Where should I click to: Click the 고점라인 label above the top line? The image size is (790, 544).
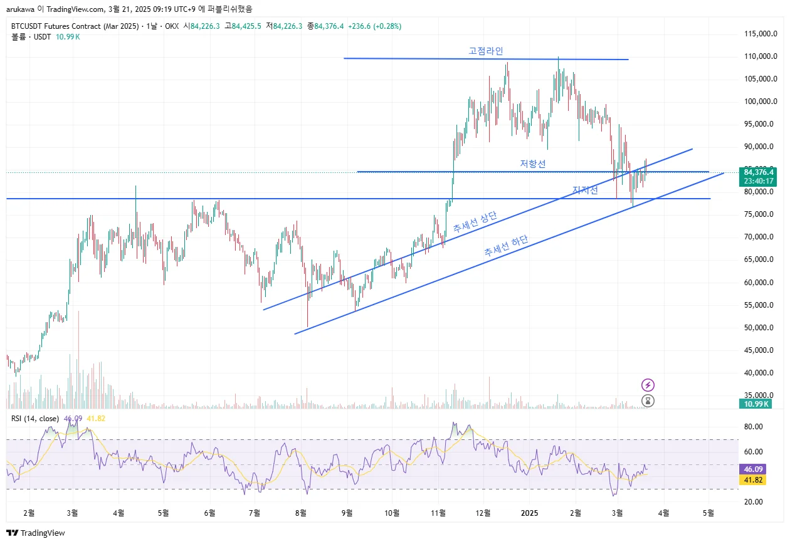coord(486,51)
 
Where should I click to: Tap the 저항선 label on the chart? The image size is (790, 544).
coord(533,164)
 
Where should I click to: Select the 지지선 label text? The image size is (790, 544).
coord(585,191)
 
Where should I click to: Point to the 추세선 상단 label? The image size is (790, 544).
coord(475,223)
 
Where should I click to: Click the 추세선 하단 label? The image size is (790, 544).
coord(506,247)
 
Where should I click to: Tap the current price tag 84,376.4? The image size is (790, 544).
coord(759,172)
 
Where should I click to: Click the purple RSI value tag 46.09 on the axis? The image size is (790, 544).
coord(753,469)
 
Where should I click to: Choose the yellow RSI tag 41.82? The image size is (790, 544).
coord(753,479)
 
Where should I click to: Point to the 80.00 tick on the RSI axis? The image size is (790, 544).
coord(753,427)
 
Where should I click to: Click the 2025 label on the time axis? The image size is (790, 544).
coord(529,513)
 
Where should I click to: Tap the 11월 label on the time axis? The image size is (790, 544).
coord(439,513)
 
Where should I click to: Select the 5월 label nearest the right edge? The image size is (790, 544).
coord(709,513)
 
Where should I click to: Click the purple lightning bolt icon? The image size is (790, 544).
coord(648,385)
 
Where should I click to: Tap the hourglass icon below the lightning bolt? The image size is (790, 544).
coord(648,400)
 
